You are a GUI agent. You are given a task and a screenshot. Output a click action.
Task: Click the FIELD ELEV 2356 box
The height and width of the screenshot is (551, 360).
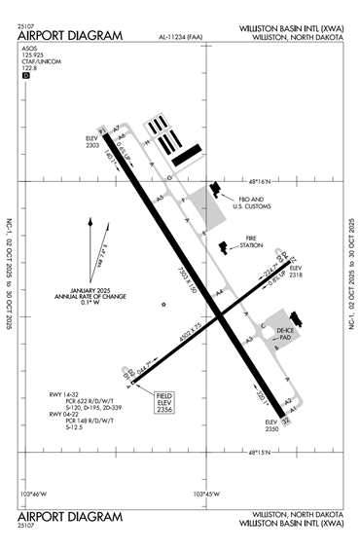click(165, 401)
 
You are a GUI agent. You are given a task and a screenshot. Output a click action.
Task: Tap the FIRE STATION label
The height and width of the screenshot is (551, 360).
click(252, 244)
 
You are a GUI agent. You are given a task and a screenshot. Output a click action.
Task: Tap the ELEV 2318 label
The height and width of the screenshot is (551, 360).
click(297, 273)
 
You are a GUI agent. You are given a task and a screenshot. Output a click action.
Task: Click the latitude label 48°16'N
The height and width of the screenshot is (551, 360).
click(263, 180)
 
